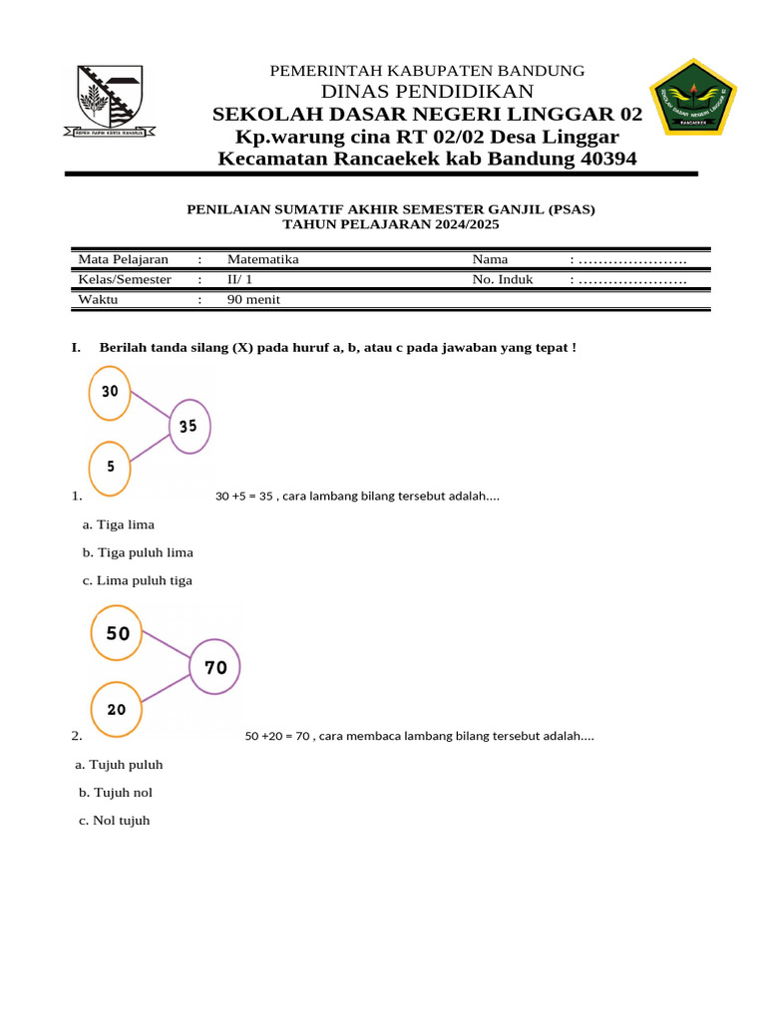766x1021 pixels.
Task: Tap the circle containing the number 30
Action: coord(110,392)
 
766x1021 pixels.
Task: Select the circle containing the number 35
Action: coord(189,427)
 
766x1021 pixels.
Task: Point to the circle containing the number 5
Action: coord(110,467)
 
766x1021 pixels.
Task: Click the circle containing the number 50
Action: coord(118,633)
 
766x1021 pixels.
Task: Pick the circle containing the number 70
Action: coord(215,668)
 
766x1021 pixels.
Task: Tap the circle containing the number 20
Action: coord(117,710)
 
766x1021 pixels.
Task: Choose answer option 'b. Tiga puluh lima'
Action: coord(138,552)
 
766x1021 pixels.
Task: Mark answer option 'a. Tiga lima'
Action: coord(119,524)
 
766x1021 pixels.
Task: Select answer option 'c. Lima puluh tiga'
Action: coord(138,580)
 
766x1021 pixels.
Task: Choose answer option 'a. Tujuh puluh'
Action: coord(119,765)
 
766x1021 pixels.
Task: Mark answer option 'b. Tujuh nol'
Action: coord(116,793)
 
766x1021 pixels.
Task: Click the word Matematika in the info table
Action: coord(262,259)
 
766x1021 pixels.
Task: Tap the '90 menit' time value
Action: coord(255,299)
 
